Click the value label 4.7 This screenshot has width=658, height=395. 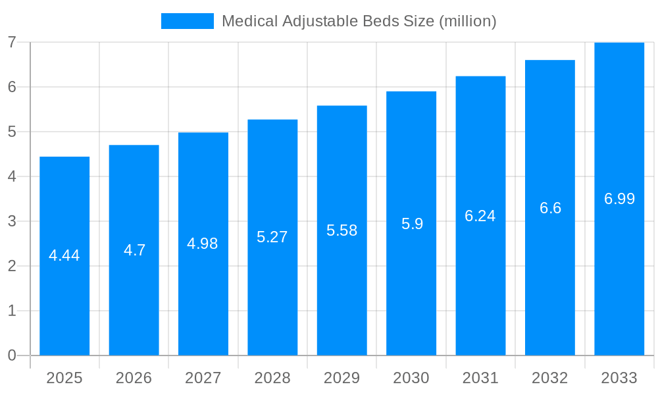[x=134, y=250]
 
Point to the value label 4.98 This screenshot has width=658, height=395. [x=203, y=244]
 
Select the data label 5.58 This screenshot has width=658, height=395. [x=342, y=230]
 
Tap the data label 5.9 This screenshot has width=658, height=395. [x=412, y=224]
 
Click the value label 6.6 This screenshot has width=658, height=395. [x=550, y=208]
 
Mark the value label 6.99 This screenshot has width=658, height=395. [x=619, y=199]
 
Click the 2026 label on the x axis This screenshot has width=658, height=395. [x=134, y=378]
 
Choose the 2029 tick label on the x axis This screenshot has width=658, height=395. [x=342, y=378]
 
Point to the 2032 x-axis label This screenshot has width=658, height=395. [x=550, y=378]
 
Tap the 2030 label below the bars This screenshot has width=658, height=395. [x=411, y=378]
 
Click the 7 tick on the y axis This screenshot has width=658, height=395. [x=12, y=42]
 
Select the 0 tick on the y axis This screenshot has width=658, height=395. [x=12, y=355]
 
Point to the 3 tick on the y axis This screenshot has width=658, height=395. [x=12, y=221]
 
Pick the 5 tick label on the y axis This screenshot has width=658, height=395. [x=12, y=132]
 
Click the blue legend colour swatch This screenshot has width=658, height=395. [x=188, y=21]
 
